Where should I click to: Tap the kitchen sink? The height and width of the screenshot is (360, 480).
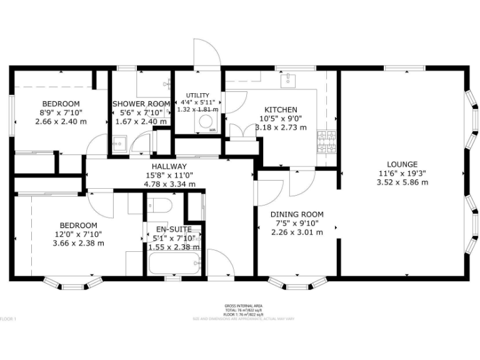point(290,79)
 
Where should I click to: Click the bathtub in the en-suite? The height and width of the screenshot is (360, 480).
point(174,263)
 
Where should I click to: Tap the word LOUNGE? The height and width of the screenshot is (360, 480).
point(402,164)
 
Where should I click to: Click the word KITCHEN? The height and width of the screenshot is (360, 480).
point(281,109)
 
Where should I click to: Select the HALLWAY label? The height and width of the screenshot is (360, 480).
point(169,166)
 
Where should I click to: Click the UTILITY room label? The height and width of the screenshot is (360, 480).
point(197,95)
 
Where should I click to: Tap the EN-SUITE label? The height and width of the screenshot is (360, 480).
point(173,229)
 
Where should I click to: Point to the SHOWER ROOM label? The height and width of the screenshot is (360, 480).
point(141,104)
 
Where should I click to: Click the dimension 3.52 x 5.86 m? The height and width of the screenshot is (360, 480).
point(402,182)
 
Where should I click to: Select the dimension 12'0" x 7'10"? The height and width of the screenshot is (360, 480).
point(78,234)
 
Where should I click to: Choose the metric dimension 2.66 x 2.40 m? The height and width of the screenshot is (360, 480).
point(61,122)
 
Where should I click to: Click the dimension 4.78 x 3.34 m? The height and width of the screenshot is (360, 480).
point(169,184)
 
